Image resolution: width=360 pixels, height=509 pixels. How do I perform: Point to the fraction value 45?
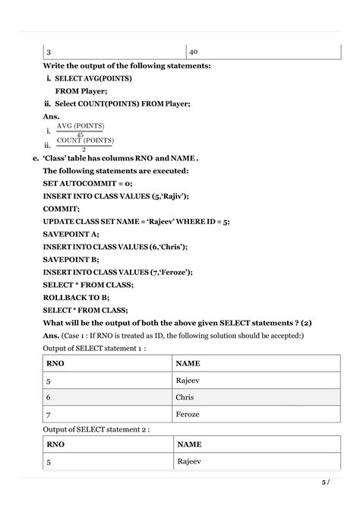81,134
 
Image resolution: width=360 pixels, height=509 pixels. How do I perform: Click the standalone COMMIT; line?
61,207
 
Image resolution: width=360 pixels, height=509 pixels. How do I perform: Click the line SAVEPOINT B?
71,259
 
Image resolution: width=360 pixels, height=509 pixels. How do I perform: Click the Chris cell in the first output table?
185,397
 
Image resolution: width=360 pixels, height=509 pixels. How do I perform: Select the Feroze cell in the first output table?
188,416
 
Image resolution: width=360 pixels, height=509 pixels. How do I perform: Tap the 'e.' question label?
36,158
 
